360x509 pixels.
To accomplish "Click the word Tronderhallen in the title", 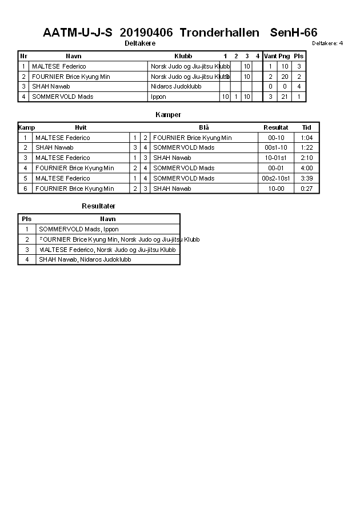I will tap(215, 33).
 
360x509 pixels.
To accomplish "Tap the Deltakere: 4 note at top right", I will tap(327, 43).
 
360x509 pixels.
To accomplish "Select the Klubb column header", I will tap(183, 56).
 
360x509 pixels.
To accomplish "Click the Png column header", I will tap(284, 56).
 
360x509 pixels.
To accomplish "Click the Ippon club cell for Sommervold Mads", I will tap(159, 97).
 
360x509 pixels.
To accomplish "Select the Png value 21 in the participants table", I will tap(284, 97).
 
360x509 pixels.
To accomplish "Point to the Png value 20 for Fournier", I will tap(284, 77).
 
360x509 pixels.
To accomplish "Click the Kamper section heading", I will tap(168, 115).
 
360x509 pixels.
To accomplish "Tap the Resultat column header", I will tap(275, 127).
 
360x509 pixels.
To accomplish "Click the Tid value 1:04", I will tap(307, 138).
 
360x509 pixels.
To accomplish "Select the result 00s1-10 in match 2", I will tap(276, 147).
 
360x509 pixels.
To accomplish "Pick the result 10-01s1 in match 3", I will tap(276, 158).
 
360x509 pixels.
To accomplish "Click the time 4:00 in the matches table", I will tap(307, 168).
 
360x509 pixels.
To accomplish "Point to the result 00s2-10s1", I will tap(276, 178).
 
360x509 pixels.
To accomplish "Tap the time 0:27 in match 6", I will tap(307, 189).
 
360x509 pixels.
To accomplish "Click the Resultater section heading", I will tap(98, 206).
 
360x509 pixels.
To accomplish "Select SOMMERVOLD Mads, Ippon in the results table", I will tap(79, 229).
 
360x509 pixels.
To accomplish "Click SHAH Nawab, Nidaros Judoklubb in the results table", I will tap(85, 259).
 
